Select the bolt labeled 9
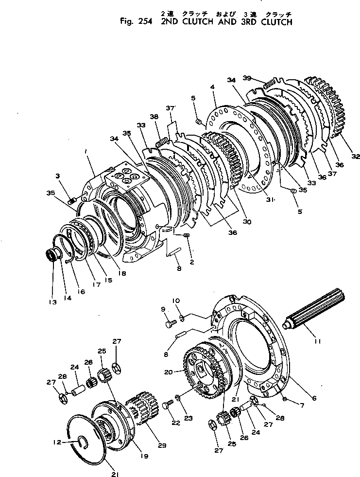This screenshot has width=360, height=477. [170, 322]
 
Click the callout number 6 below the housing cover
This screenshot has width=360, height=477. [314, 398]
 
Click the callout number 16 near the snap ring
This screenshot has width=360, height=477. [81, 292]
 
